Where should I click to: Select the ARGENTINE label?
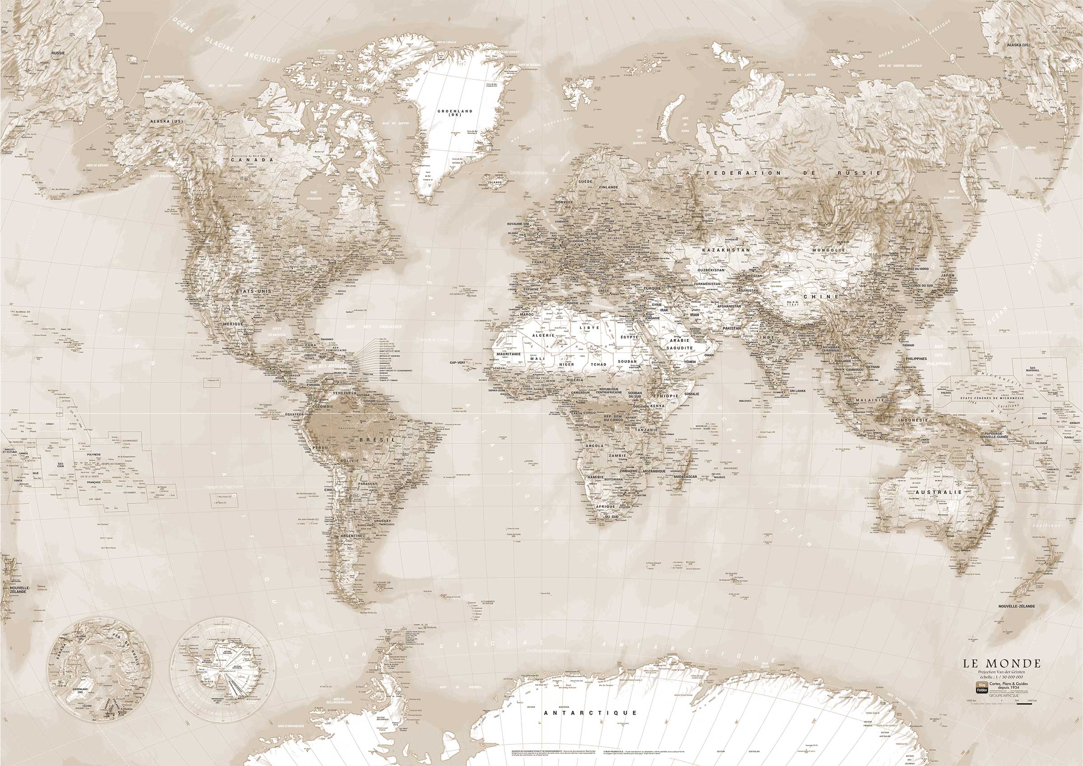pyautogui.click(x=352, y=536)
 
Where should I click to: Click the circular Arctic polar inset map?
pyautogui.click(x=102, y=664)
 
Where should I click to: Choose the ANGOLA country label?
pyautogui.click(x=593, y=446)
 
